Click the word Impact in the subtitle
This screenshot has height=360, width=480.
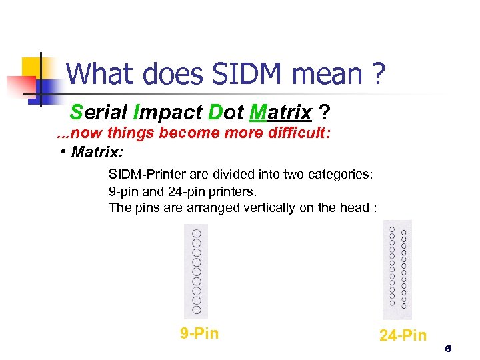point(167,111)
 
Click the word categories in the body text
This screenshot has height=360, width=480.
point(340,175)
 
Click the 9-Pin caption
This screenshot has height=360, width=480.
point(199,333)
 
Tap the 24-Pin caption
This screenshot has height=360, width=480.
point(403,335)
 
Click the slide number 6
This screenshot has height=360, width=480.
point(448,349)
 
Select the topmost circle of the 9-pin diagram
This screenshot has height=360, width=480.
point(196,234)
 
